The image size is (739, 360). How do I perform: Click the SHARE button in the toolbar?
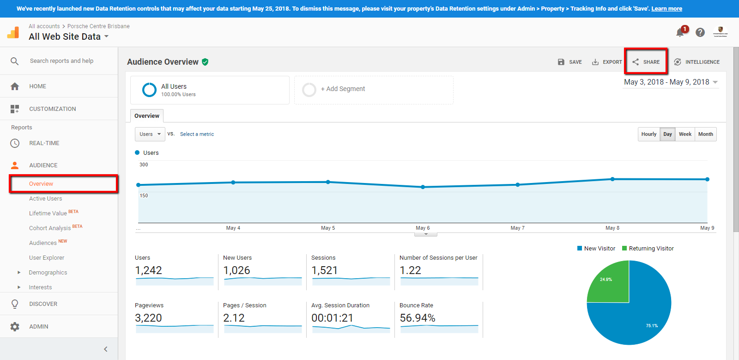click(x=646, y=62)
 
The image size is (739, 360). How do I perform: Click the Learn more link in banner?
click(x=666, y=9)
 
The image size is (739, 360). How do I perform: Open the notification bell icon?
click(x=680, y=32)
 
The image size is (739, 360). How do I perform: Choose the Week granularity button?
click(x=685, y=134)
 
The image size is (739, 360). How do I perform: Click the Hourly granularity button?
click(x=648, y=134)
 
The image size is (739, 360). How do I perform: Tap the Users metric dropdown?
click(x=150, y=134)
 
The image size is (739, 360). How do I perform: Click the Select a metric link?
click(x=197, y=134)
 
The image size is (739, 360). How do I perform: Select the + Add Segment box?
click(x=374, y=89)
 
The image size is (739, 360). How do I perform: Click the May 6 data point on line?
click(x=423, y=187)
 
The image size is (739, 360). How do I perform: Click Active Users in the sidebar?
click(x=45, y=199)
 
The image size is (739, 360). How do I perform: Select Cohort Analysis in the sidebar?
click(x=50, y=228)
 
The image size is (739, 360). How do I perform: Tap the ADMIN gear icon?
click(x=15, y=327)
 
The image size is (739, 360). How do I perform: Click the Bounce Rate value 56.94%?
click(x=418, y=318)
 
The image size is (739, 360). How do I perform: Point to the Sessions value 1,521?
click(x=325, y=270)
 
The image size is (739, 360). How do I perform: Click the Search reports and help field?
click(x=61, y=61)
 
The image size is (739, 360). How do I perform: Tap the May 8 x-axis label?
click(x=612, y=228)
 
